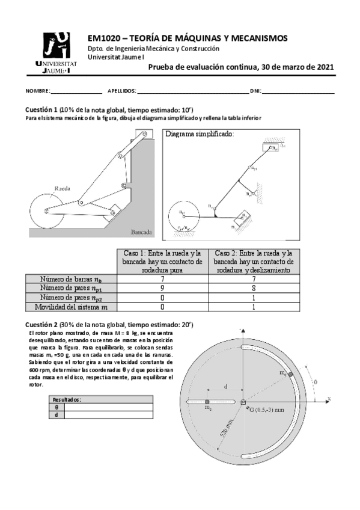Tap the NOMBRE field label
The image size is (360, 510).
click(38, 91)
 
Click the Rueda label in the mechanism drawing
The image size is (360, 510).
click(62, 188)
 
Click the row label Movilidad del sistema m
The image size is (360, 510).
click(70, 307)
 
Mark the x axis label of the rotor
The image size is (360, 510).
click(329, 399)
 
